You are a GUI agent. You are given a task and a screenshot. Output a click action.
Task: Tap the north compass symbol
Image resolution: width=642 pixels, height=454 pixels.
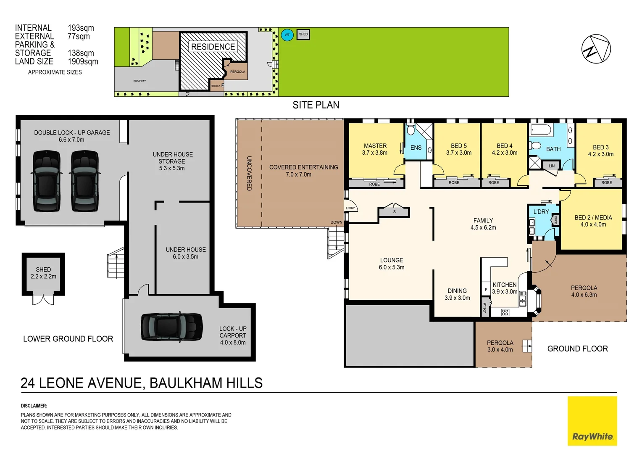click(596, 49)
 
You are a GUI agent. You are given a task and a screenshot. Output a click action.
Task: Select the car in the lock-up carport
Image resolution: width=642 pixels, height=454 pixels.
click(171, 327)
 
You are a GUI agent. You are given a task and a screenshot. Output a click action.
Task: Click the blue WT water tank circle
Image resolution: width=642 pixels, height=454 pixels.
click(287, 34)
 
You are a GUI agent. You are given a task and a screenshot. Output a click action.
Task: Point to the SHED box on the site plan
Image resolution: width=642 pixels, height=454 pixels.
click(303, 34)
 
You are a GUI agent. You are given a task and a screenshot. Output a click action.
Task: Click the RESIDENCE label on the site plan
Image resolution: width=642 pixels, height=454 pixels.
click(213, 47)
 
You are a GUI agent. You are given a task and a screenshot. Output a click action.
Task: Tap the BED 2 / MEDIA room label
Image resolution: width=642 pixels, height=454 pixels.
click(593, 218)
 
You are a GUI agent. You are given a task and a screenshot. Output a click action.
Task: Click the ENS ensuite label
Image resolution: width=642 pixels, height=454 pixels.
click(416, 148)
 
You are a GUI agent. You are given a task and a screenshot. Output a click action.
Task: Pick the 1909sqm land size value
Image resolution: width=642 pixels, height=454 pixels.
click(83, 61)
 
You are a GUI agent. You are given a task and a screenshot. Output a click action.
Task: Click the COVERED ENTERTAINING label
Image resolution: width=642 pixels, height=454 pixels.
click(303, 167)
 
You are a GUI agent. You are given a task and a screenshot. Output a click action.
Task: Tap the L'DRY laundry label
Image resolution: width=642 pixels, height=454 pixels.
click(541, 212)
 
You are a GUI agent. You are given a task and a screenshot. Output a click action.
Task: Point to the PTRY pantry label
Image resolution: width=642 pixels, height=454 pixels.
click(484, 307)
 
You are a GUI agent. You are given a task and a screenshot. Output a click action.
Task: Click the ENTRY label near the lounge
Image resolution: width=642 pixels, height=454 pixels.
click(350, 208)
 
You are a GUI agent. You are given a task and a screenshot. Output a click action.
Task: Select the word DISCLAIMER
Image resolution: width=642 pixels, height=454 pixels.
click(34, 406)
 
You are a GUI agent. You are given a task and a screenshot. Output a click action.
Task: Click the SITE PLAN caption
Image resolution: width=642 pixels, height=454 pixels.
click(316, 105)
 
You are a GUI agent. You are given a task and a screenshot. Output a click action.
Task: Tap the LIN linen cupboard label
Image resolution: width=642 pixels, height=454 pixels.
click(551, 166)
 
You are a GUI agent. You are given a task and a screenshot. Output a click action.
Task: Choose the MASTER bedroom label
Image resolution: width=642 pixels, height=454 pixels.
click(375, 146)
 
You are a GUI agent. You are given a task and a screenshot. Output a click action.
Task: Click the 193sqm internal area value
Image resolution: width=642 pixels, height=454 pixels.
click(81, 28)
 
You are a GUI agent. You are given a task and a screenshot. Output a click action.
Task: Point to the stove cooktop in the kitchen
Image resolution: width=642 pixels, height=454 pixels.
click(505, 312)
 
